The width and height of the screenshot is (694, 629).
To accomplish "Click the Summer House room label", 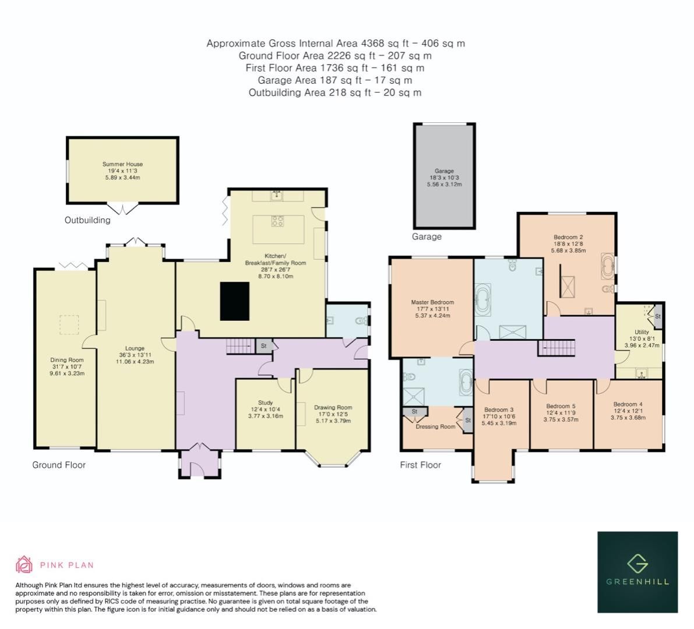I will point(122,164).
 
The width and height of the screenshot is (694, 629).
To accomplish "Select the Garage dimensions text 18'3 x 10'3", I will point(444,178).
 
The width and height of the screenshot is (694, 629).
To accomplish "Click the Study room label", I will point(265,402).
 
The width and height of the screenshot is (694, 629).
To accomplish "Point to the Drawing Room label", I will point(333,407).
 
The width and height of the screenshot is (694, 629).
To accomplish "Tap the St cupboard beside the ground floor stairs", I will point(263,346).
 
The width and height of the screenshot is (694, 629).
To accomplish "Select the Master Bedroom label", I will point(432,302).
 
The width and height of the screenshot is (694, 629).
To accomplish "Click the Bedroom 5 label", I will point(561,406).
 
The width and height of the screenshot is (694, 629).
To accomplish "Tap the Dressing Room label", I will point(435,426).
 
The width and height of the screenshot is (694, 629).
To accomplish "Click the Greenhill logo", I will point(637,571).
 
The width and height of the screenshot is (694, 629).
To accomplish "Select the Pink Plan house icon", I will point(24,564).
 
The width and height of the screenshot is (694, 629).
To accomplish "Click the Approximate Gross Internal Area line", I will point(335,43).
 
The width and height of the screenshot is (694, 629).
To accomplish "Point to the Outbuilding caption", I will point(87,220).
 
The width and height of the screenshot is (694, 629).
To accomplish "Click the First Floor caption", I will point(420,465).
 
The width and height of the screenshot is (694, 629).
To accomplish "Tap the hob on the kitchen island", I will point(278,221).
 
